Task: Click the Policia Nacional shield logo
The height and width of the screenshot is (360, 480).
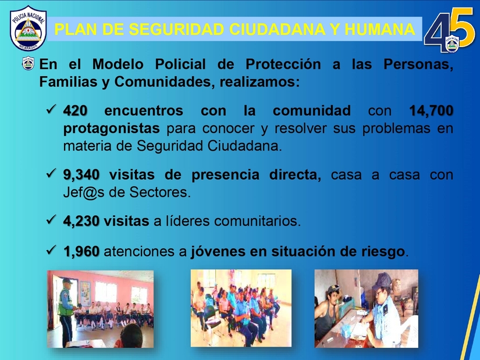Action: click(x=28, y=28)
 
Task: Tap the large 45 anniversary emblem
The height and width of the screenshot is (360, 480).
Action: click(x=449, y=30)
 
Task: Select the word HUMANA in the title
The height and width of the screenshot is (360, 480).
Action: click(x=379, y=30)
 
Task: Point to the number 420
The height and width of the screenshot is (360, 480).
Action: click(x=75, y=111)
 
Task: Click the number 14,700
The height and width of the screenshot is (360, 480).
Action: click(x=431, y=111)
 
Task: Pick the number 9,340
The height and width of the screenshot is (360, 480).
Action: click(x=81, y=175)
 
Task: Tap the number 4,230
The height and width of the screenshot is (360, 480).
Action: click(x=81, y=221)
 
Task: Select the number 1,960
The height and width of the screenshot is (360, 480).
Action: click(x=81, y=252)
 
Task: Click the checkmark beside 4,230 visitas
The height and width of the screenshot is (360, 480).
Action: click(x=51, y=219)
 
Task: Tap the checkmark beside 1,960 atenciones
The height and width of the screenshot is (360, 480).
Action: click(x=51, y=250)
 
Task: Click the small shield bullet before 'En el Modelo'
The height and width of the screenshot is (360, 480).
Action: click(x=28, y=63)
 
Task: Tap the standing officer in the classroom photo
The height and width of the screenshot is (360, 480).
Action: click(x=66, y=312)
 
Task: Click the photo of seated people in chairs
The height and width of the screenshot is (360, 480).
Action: click(x=241, y=308)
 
